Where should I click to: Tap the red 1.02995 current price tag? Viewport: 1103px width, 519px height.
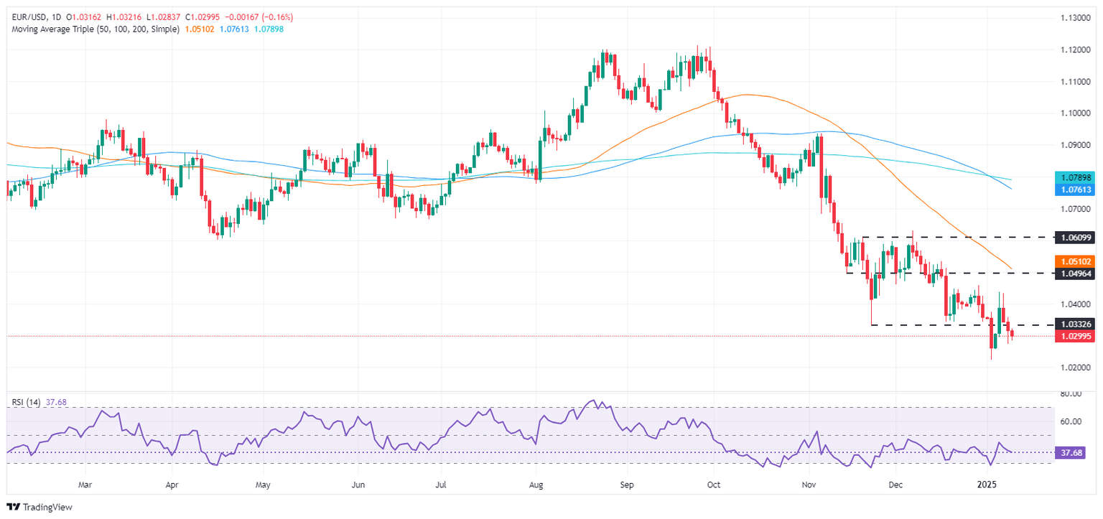(x=1074, y=336)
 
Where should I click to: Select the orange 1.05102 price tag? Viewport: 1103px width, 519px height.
(x=1074, y=261)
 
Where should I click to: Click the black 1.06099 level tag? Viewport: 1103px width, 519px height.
(x=1074, y=236)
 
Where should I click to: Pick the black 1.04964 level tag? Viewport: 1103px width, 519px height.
(x=1074, y=273)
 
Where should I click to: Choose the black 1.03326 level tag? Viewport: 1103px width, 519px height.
(x=1074, y=325)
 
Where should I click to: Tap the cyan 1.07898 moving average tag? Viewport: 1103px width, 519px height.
(x=1074, y=177)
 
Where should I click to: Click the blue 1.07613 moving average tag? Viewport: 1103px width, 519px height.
(x=1074, y=190)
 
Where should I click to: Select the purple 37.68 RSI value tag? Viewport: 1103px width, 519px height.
(x=1074, y=453)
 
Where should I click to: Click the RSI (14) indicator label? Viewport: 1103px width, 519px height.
(x=24, y=403)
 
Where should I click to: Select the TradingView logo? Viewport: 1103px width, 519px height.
(x=40, y=507)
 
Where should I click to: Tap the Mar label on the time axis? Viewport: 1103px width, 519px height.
(x=85, y=485)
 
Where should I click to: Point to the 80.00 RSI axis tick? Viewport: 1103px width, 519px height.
(x=1071, y=394)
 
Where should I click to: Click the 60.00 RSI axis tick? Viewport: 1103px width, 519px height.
(x=1071, y=421)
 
